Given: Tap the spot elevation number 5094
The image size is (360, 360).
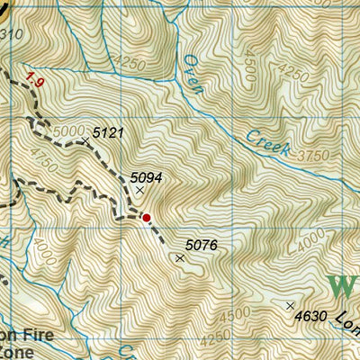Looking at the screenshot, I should tap(146, 177).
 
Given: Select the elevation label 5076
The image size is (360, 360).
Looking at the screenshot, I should tap(202, 244).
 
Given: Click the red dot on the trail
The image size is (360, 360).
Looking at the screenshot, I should tap(147, 217).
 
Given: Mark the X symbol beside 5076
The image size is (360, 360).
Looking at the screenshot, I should tap(180, 258).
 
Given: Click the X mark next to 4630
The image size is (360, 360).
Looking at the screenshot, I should tap(290, 306).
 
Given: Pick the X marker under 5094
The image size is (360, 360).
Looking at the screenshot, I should tap(139, 190).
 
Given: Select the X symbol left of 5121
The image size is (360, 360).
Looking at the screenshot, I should tap(85, 140).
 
